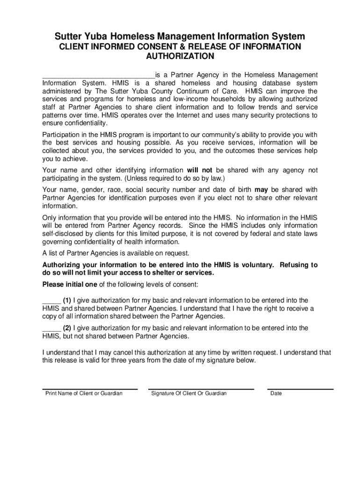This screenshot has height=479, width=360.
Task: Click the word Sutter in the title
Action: point(69,36)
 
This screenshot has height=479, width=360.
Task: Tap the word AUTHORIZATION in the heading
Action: point(180,57)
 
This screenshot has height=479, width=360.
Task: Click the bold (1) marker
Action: point(67,300)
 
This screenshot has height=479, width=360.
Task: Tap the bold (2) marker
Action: point(67,328)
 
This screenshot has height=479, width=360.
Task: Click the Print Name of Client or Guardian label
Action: point(84,393)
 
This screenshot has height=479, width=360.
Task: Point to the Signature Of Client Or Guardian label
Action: point(189,393)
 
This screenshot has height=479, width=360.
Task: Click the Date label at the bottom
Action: point(276,393)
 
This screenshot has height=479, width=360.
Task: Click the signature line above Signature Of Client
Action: point(201,389)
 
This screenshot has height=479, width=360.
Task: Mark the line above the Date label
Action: point(300,389)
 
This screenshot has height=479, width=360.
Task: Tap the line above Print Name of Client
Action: point(90,389)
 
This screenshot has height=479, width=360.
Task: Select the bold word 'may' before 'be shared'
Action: point(261,189)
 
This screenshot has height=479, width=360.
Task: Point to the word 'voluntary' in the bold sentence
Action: point(256,265)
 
